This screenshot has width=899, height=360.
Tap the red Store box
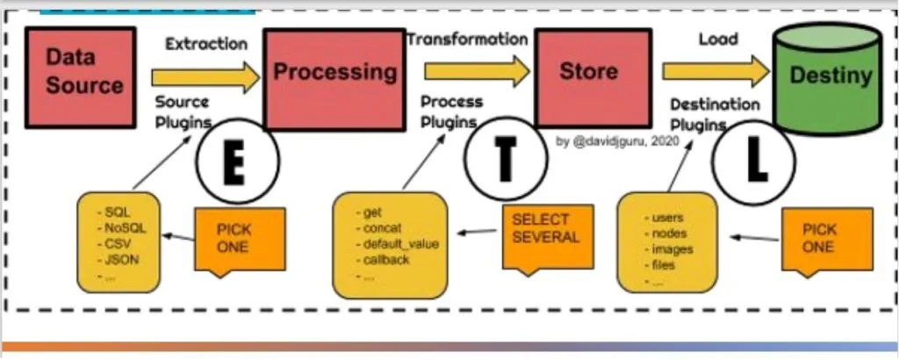click(588, 72)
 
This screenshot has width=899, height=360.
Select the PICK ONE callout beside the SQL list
click(234, 238)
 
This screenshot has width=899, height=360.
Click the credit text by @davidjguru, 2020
click(618, 140)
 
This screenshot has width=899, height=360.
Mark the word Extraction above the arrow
click(205, 44)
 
